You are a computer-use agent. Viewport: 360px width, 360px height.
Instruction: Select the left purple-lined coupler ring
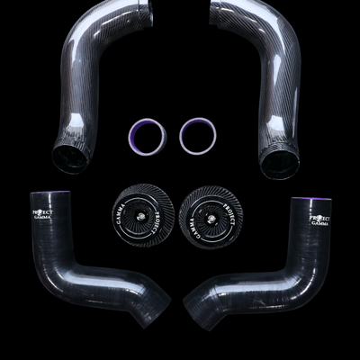coord(148,135)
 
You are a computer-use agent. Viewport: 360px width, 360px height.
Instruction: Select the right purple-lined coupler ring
coord(198,135)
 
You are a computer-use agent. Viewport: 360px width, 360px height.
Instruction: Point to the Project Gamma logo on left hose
coord(42,215)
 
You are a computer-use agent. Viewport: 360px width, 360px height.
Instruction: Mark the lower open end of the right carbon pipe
coord(279,164)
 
